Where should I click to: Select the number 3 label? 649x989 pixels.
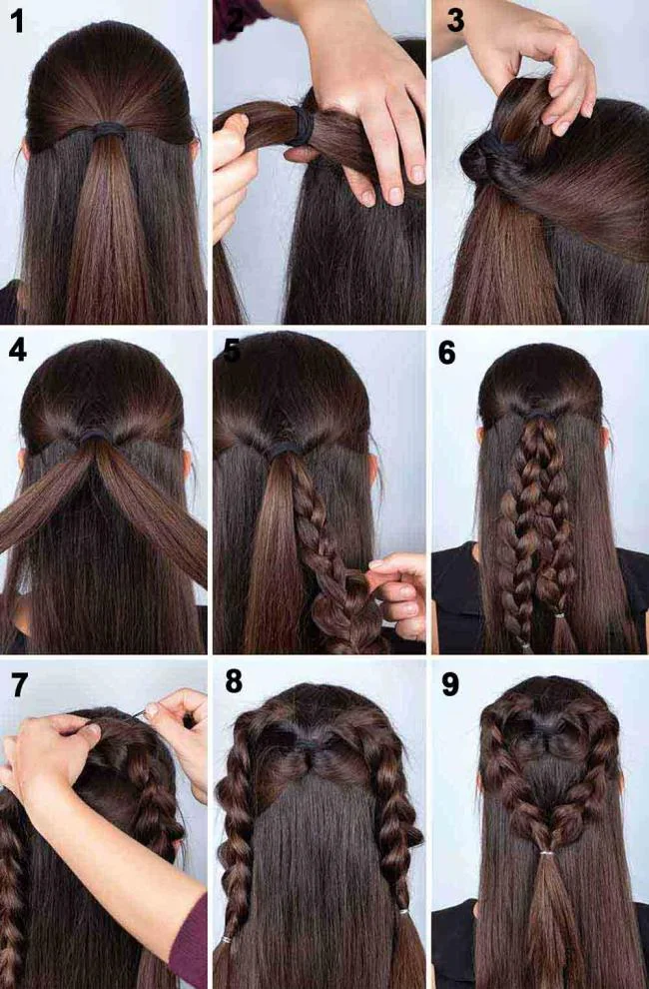point(455,18)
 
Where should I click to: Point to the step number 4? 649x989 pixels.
point(17,351)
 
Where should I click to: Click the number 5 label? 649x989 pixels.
point(234,351)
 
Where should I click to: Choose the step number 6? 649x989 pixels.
point(447,352)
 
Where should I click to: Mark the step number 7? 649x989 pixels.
point(17,684)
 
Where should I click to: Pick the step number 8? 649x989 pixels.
point(234,681)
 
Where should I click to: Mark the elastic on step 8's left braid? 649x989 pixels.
point(228,941)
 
